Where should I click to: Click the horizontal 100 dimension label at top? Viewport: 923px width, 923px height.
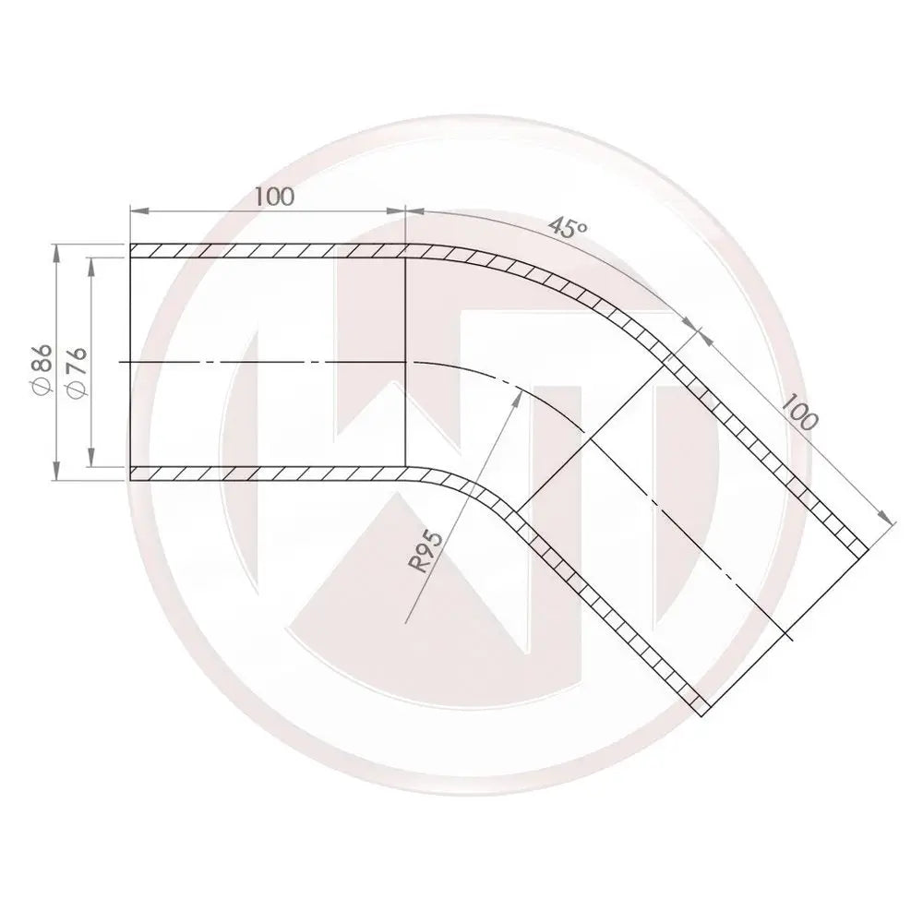[273, 197]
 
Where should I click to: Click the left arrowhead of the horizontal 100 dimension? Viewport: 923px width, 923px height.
[137, 211]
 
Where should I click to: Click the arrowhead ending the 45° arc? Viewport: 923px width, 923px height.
[692, 323]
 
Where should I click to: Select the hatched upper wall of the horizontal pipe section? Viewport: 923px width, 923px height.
[268, 250]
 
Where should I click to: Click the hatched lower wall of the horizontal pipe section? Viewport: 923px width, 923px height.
[268, 473]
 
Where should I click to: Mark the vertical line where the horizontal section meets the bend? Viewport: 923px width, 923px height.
[407, 360]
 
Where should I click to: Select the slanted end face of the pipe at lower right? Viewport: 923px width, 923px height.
[785, 632]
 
